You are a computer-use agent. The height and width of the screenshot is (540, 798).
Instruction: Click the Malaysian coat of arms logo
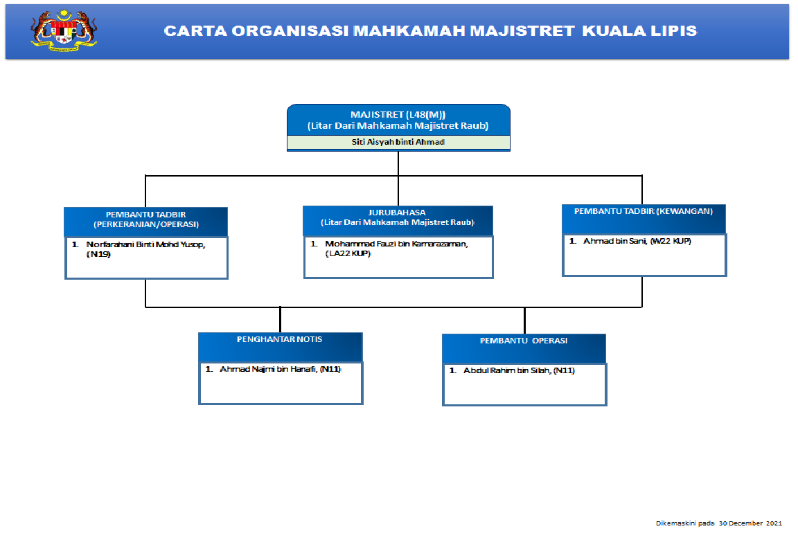point(64,30)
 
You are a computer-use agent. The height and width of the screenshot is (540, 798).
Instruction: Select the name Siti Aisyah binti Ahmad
point(398,142)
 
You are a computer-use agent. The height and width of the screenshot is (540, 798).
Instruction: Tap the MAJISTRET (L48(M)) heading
point(398,114)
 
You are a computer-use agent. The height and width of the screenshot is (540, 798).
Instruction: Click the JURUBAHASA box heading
point(397,213)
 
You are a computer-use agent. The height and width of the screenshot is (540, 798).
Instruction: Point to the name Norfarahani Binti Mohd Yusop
point(145,244)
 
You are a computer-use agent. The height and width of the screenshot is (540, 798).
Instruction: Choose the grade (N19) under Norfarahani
point(98,254)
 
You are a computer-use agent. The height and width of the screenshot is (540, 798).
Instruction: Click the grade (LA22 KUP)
point(348,253)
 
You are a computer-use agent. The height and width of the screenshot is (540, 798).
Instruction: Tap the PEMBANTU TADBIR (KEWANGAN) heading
point(644,211)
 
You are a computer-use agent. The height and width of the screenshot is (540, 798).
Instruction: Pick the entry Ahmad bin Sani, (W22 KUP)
point(637,241)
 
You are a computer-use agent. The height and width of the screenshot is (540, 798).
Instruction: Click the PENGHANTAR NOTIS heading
point(279,339)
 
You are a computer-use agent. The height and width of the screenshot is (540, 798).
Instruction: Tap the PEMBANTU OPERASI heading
point(524,341)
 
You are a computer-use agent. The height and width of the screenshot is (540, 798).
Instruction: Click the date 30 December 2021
point(750,523)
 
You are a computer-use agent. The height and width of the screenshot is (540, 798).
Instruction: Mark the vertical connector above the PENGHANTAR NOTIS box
point(280,320)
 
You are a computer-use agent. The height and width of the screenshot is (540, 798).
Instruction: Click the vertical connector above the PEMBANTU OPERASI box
point(524,321)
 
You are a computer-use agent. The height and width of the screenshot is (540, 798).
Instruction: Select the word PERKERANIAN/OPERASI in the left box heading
point(146,224)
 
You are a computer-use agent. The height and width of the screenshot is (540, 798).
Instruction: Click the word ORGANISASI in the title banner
point(290,31)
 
